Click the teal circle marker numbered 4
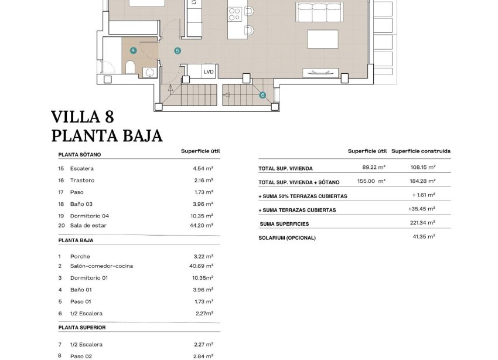point(134,51)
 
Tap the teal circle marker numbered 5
point(178,51)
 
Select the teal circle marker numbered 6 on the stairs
point(262,95)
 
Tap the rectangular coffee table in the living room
point(323,39)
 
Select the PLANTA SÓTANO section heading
point(80,155)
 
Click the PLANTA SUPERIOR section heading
point(82,327)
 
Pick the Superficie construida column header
point(421,151)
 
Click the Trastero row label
point(82,181)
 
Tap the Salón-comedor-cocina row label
point(101,266)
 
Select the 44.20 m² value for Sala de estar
point(203,225)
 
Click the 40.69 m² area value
point(203,266)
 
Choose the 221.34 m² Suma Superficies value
point(423,223)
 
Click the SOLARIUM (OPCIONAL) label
point(287,238)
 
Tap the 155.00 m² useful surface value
point(373,182)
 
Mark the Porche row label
point(80,257)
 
